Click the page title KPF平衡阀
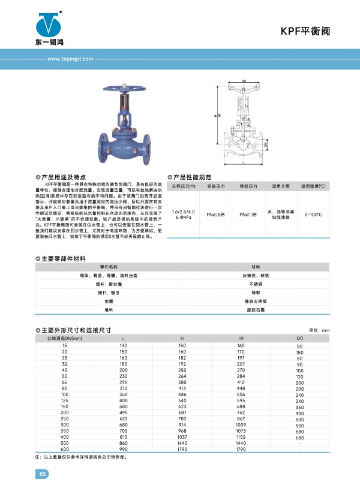tap(305, 31)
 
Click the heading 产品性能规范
tap(192, 177)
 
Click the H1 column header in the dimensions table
tap(242, 339)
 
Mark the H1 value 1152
tap(242, 437)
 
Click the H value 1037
tap(183, 437)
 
